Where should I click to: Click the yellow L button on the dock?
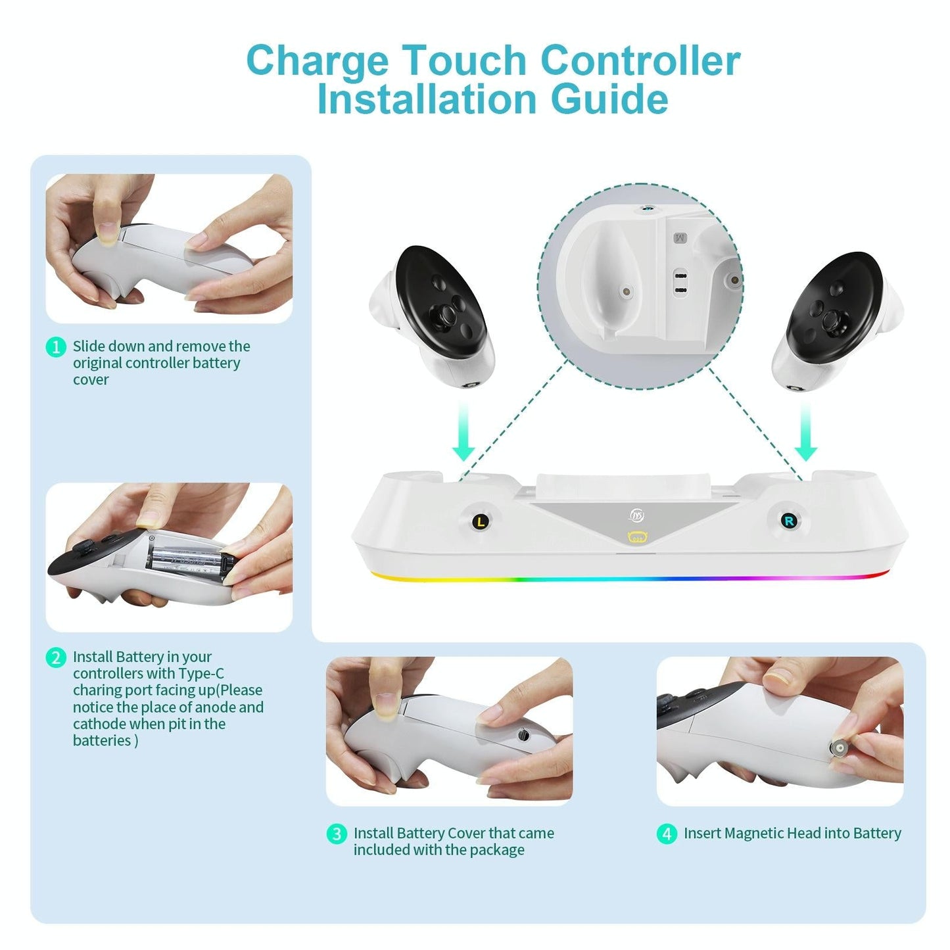pyautogui.click(x=481, y=522)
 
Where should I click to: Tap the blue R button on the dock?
pyautogui.click(x=788, y=521)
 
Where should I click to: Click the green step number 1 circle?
pyautogui.click(x=56, y=346)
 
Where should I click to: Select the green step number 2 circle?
pyautogui.click(x=56, y=657)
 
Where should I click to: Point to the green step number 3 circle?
pyautogui.click(x=337, y=834)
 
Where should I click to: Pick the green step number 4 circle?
pyautogui.click(x=667, y=834)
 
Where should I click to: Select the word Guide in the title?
pyautogui.click(x=609, y=99)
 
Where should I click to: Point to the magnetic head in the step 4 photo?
pyautogui.click(x=839, y=749)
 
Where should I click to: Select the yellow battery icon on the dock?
pyautogui.click(x=637, y=538)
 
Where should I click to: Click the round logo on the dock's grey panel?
pyautogui.click(x=636, y=515)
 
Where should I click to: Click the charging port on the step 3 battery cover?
pyautogui.click(x=523, y=736)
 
